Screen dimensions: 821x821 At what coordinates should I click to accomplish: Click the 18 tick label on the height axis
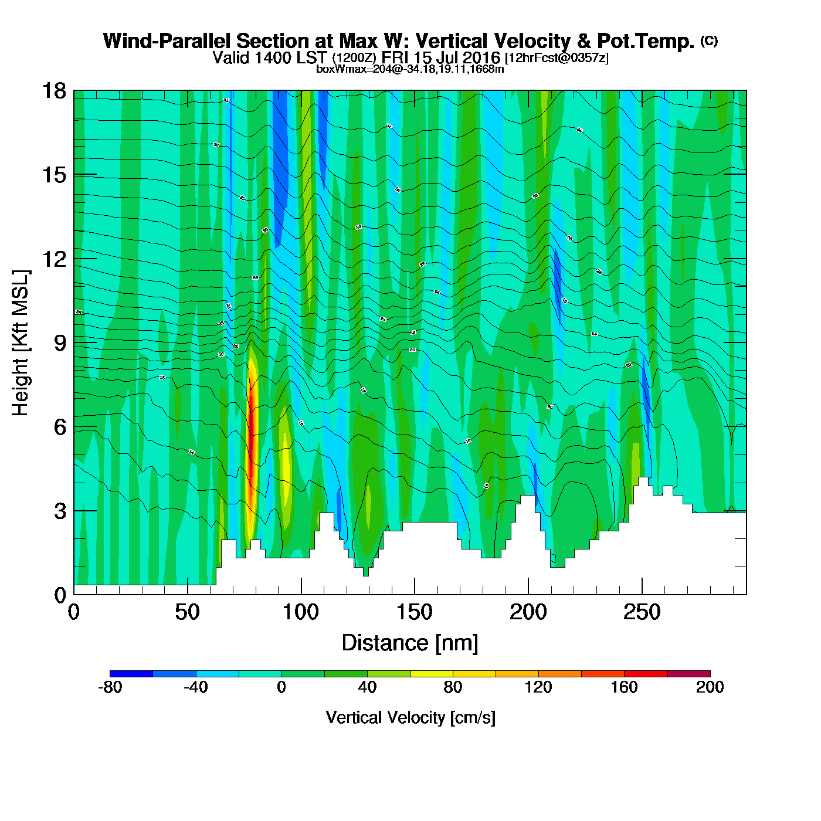click(53, 91)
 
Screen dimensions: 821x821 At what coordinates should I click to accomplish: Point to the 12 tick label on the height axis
click(53, 259)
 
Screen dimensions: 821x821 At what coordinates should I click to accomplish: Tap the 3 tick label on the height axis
click(60, 511)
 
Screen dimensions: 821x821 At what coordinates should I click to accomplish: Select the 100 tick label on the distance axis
click(301, 613)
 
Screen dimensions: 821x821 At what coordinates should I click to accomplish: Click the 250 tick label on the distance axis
click(642, 613)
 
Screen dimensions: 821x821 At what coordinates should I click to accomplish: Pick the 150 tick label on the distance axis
click(415, 613)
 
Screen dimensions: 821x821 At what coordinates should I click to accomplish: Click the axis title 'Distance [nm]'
click(410, 643)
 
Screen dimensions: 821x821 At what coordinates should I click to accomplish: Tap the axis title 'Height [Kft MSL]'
click(21, 343)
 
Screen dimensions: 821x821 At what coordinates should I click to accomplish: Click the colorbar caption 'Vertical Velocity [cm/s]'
click(410, 717)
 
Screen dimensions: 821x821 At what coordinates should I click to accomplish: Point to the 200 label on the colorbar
click(710, 687)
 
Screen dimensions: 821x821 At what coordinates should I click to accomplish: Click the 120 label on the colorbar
click(538, 687)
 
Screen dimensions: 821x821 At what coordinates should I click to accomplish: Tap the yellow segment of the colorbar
click(432, 674)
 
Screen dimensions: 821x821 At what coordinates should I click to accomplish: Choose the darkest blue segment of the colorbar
click(131, 674)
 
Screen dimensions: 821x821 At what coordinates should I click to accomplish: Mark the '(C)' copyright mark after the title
click(709, 40)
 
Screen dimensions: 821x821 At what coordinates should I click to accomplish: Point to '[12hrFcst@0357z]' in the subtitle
click(557, 58)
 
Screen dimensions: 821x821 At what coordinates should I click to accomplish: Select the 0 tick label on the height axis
click(60, 596)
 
